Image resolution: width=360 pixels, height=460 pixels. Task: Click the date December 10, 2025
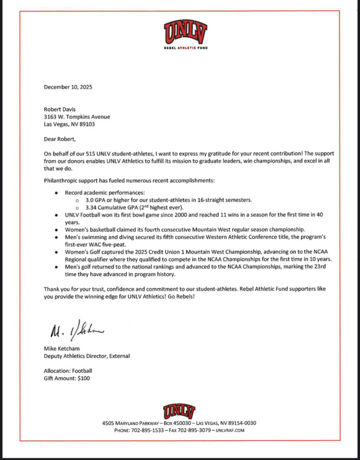coord(68,87)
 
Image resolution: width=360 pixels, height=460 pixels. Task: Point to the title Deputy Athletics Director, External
coord(87,356)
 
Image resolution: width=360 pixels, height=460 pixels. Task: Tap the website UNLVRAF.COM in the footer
coord(230,430)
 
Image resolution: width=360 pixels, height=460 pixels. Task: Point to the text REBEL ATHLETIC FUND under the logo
coord(185,48)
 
